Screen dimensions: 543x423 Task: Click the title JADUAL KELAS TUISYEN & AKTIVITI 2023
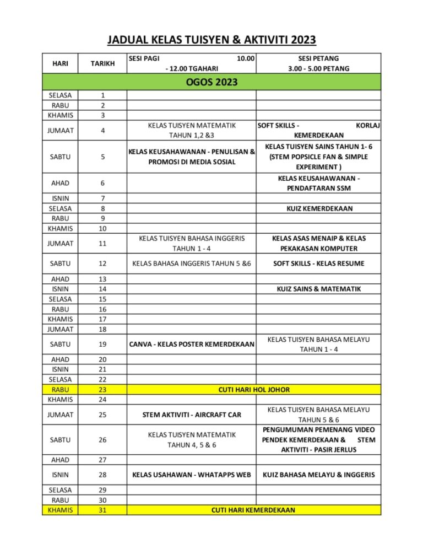(211, 40)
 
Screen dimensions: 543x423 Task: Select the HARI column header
(60, 63)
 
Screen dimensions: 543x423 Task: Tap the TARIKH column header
(102, 63)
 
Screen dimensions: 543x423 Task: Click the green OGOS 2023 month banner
(211, 83)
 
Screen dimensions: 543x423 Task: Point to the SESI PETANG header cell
(318, 63)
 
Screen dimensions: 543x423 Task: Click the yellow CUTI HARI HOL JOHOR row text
(254, 389)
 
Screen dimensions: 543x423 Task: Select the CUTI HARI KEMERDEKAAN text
(253, 510)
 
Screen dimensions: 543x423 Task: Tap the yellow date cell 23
(102, 389)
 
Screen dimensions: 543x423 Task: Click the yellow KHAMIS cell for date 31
(60, 510)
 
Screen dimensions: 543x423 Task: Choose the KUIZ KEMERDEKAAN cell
(319, 208)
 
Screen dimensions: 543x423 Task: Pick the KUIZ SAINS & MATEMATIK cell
(319, 288)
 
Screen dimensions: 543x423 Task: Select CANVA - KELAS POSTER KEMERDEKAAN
(191, 345)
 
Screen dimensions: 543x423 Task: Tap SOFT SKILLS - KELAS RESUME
(319, 264)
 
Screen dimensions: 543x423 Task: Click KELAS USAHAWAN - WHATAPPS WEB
(191, 475)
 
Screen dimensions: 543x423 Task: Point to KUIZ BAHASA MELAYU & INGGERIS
(319, 475)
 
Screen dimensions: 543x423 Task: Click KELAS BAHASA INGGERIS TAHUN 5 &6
(191, 264)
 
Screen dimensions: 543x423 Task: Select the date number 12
(102, 264)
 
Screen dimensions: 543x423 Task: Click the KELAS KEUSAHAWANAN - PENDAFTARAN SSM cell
(319, 183)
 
